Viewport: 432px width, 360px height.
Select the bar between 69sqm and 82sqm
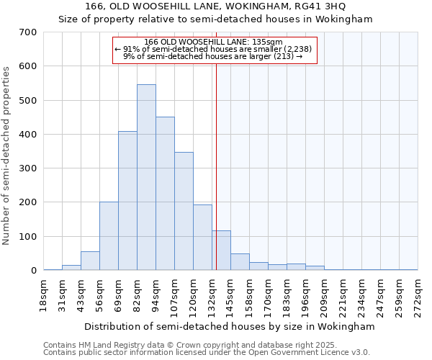click(127, 201)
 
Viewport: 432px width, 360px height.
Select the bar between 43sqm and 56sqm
click(90, 261)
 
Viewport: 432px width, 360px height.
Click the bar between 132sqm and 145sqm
click(222, 251)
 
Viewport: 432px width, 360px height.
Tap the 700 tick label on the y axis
click(28, 32)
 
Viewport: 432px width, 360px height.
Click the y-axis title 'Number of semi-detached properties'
click(6, 156)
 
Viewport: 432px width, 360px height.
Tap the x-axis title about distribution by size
click(230, 326)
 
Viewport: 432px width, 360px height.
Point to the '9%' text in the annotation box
click(129, 55)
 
